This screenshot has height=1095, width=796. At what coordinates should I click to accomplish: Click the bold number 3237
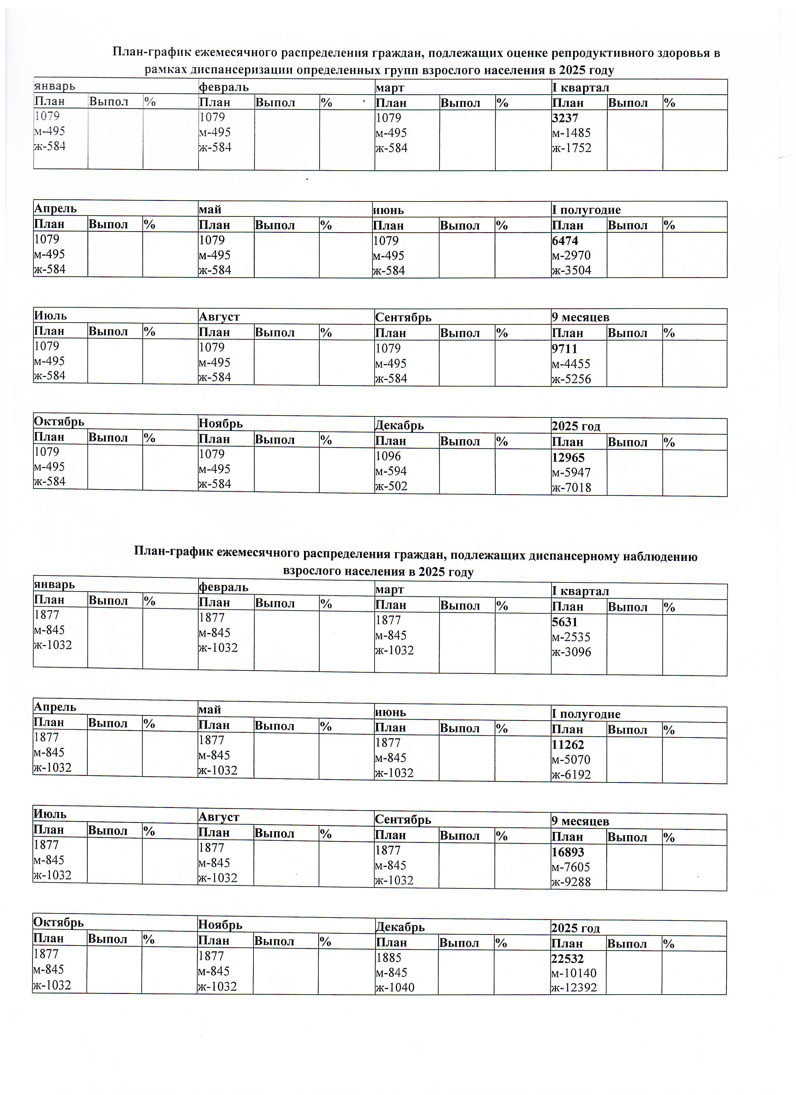(x=565, y=118)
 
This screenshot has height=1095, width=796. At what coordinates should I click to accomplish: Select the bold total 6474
(x=565, y=241)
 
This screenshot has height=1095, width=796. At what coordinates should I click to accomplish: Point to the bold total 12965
(x=568, y=458)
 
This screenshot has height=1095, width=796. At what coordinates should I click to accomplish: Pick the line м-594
(x=391, y=471)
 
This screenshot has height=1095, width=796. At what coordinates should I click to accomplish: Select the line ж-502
(x=391, y=486)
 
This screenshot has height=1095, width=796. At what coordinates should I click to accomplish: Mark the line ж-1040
(x=394, y=988)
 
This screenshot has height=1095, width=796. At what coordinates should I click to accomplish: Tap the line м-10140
(x=574, y=973)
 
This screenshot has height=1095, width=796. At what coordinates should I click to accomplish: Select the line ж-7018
(x=571, y=488)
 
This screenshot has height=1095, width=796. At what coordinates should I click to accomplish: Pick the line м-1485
(x=571, y=133)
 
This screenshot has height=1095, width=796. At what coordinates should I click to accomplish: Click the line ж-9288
(x=571, y=882)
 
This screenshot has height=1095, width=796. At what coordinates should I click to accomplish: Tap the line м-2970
(x=571, y=255)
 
